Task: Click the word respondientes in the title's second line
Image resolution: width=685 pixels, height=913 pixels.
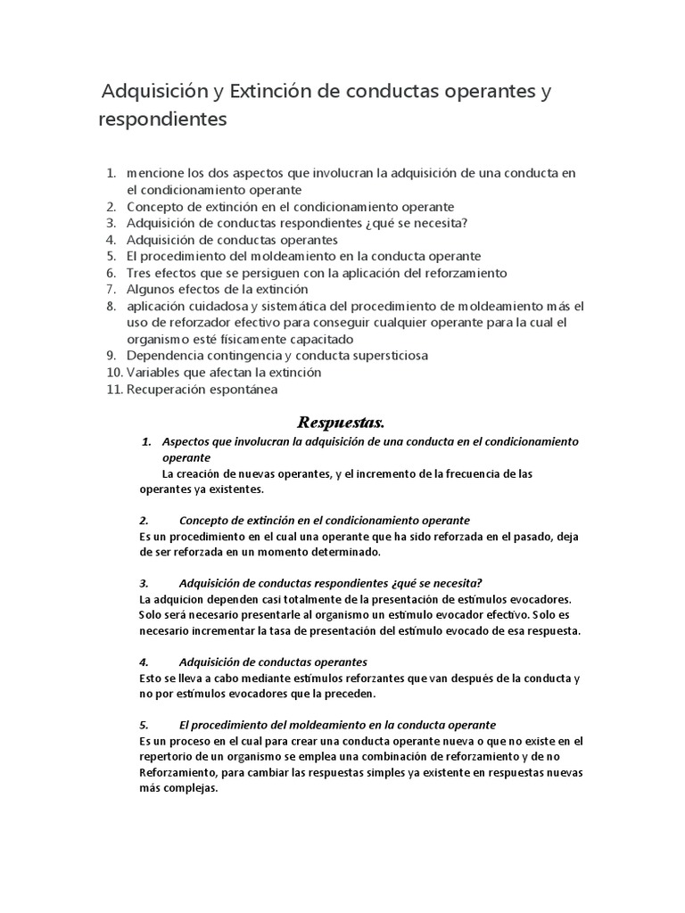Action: pos(163,119)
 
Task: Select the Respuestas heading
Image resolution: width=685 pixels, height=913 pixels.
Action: pos(339,420)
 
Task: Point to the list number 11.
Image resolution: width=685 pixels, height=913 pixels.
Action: pos(113,389)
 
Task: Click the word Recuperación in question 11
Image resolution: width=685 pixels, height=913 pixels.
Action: pos(167,389)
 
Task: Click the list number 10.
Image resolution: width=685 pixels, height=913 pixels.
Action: pos(113,372)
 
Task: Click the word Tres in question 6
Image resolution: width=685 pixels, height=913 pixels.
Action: pos(138,272)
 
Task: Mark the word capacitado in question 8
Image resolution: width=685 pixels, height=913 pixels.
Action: pos(319,339)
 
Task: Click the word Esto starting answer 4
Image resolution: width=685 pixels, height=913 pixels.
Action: pos(151,679)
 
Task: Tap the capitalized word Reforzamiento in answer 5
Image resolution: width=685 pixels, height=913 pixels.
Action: pos(179,772)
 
